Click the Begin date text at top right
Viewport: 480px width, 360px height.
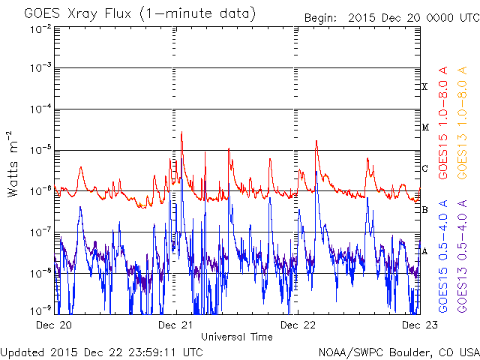tap(390, 17)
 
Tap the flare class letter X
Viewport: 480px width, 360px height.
tap(424, 87)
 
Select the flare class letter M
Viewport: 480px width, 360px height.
tap(424, 127)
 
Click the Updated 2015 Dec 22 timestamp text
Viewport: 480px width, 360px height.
tap(101, 351)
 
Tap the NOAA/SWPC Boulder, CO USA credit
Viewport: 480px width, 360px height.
tap(398, 351)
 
